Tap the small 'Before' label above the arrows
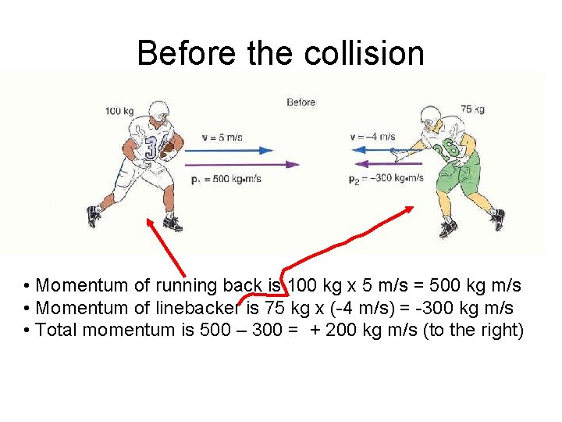coord(301,102)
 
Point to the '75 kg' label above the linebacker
coord(472,109)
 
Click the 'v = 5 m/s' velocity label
coord(222,138)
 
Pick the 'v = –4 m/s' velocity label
coord(373,138)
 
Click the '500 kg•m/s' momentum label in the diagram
coord(226,179)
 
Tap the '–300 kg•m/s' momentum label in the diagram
coord(386,178)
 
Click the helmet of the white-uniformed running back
coord(158,112)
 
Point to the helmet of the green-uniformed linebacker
coord(432,118)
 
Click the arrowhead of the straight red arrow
coord(148,221)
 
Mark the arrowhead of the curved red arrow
coord(410,210)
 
